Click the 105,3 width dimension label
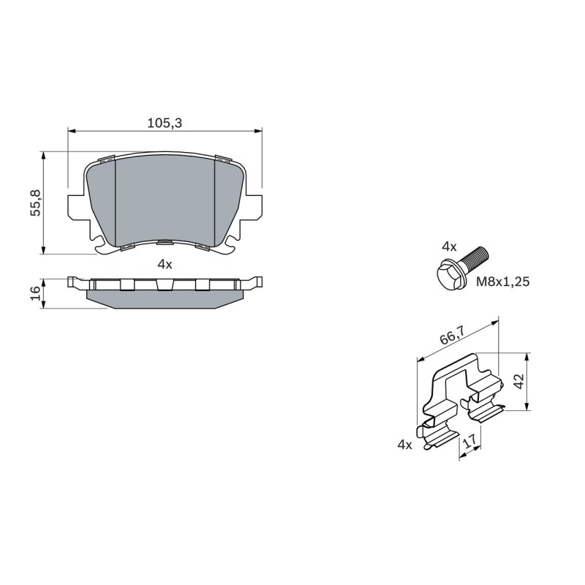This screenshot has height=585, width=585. pyautogui.click(x=165, y=123)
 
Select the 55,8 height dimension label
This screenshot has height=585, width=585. pyautogui.click(x=36, y=203)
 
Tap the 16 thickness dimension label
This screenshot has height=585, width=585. pyautogui.click(x=35, y=294)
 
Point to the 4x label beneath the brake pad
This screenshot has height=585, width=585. pyautogui.click(x=165, y=265)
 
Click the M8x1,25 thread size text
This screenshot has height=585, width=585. pyautogui.click(x=502, y=282)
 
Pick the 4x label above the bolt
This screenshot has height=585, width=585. pyautogui.click(x=449, y=246)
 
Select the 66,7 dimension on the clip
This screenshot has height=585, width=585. pyautogui.click(x=452, y=336)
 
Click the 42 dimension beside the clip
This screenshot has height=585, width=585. pyautogui.click(x=519, y=381)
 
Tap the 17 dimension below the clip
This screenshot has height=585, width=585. pyautogui.click(x=469, y=442)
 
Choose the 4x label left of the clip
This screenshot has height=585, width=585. pyautogui.click(x=405, y=445)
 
